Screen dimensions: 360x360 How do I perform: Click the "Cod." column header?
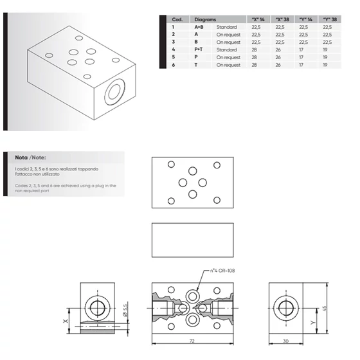pyautogui.click(x=177, y=19)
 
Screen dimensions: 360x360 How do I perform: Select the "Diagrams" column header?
pyautogui.click(x=205, y=19)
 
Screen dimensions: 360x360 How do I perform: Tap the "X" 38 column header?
pyautogui.click(x=282, y=19)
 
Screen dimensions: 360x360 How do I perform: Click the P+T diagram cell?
pyautogui.click(x=199, y=50)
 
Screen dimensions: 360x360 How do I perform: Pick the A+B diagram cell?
pyautogui.click(x=199, y=27)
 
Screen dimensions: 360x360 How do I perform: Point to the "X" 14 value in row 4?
pyautogui.click(x=254, y=50)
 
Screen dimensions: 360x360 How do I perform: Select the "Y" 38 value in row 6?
pyautogui.click(x=325, y=65)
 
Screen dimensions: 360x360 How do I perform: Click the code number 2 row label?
pyautogui.click(x=174, y=35)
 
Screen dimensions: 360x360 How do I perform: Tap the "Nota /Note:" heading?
pyautogui.click(x=30, y=157)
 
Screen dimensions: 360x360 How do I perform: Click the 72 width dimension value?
pyautogui.click(x=192, y=341)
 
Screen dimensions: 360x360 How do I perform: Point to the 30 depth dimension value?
pyautogui.click(x=285, y=341)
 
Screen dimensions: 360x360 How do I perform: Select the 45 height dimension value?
pyautogui.click(x=324, y=308)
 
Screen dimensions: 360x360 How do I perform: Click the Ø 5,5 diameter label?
pyautogui.click(x=125, y=310)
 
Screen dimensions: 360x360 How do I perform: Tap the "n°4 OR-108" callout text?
pyautogui.click(x=222, y=271)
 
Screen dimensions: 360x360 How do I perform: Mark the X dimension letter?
pyautogui.click(x=66, y=321)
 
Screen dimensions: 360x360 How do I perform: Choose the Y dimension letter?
pyautogui.click(x=312, y=323)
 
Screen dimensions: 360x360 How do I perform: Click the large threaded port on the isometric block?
pyautogui.click(x=114, y=91)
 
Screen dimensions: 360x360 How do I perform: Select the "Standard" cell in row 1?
pyautogui.click(x=226, y=27)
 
